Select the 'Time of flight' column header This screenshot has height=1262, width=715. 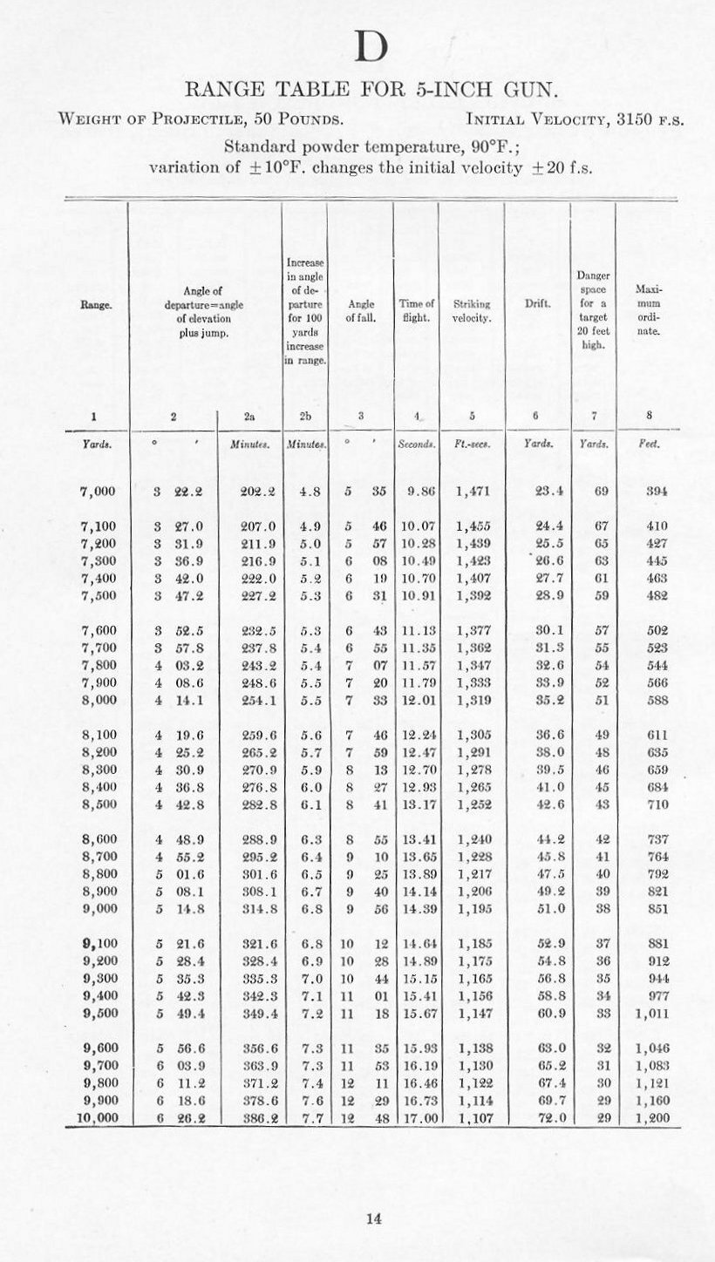(x=417, y=310)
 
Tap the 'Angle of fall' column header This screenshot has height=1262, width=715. (x=361, y=310)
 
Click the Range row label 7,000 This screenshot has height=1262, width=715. (x=98, y=492)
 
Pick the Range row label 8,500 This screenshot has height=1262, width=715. (x=98, y=804)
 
